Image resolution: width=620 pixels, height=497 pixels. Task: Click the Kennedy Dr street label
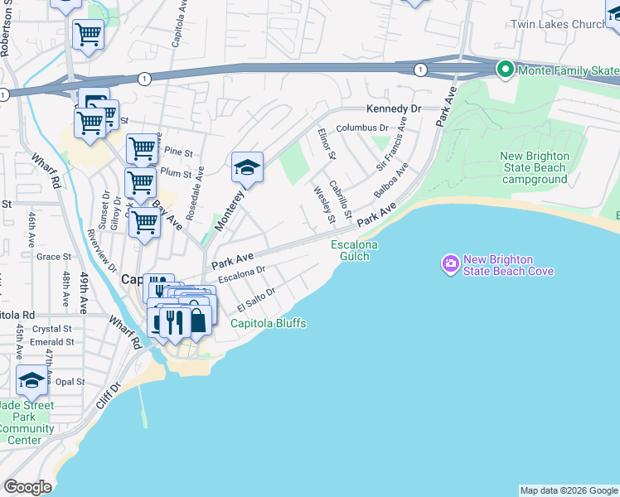click(394, 109)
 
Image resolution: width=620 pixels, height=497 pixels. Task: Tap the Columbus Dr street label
click(361, 128)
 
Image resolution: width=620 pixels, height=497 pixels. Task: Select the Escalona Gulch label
click(355, 250)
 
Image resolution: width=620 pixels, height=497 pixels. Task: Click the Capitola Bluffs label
click(269, 323)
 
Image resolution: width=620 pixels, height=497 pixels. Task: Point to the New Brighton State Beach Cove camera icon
click(450, 264)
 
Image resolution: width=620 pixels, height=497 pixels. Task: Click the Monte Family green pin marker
click(505, 70)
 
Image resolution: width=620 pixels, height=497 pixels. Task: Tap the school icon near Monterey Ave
click(247, 166)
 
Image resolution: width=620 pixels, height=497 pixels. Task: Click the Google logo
click(27, 487)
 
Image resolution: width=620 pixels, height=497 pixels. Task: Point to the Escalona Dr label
click(241, 274)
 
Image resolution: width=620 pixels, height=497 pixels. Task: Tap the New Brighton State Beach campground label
click(535, 167)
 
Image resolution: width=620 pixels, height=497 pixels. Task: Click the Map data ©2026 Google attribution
click(569, 490)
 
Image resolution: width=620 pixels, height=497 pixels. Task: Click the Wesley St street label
click(322, 204)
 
